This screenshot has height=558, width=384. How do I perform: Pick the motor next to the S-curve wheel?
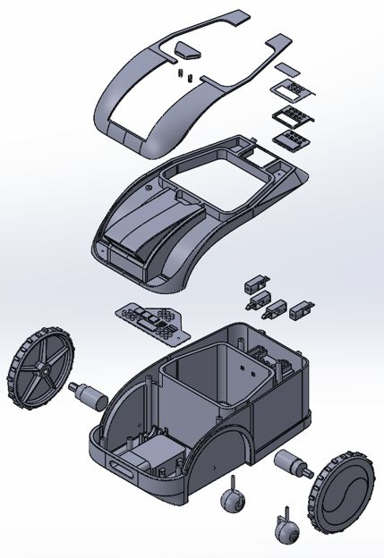289,464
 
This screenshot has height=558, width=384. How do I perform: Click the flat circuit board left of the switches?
151,319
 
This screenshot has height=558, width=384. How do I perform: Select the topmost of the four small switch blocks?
253,283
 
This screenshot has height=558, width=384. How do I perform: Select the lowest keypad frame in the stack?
292,137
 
